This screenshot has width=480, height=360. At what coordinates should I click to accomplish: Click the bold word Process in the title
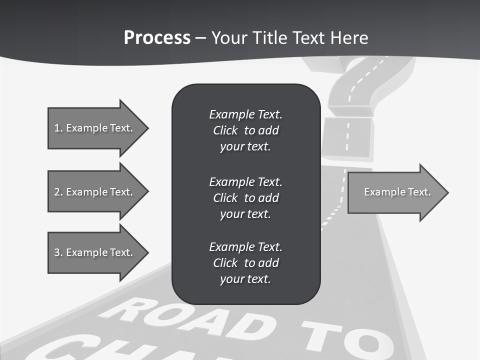point(157,38)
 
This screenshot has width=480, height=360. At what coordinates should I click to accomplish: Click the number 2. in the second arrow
point(58,192)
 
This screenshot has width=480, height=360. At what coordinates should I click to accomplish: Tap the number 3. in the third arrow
point(58,252)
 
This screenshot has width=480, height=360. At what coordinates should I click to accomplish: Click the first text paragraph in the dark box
point(245,130)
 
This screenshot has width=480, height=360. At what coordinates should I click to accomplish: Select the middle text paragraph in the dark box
point(245,198)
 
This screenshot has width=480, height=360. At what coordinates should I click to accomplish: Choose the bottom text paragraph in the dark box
point(245,263)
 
